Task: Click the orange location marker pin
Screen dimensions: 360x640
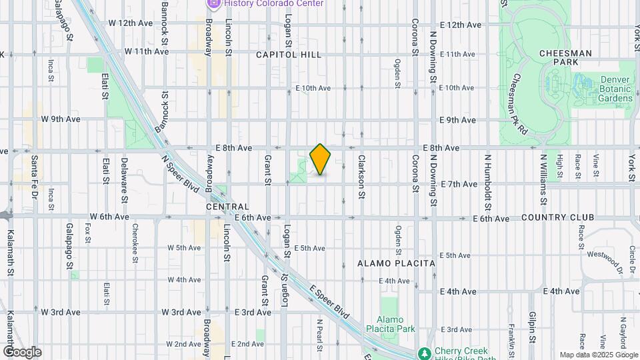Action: click(321, 159)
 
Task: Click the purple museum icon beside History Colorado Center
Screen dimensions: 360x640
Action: click(214, 3)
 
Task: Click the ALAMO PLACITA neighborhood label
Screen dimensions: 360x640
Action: click(396, 263)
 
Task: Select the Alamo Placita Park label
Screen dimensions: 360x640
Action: click(395, 323)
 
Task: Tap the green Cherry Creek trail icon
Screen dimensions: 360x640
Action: click(423, 352)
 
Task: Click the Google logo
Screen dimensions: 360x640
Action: click(22, 352)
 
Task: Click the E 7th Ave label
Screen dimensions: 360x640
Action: click(459, 184)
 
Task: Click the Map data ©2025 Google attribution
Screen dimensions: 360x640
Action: click(598, 355)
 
